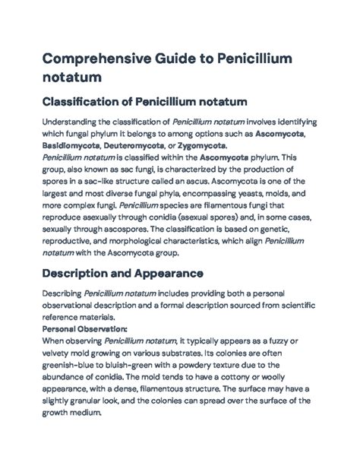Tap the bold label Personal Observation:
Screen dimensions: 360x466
pos(85,307)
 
